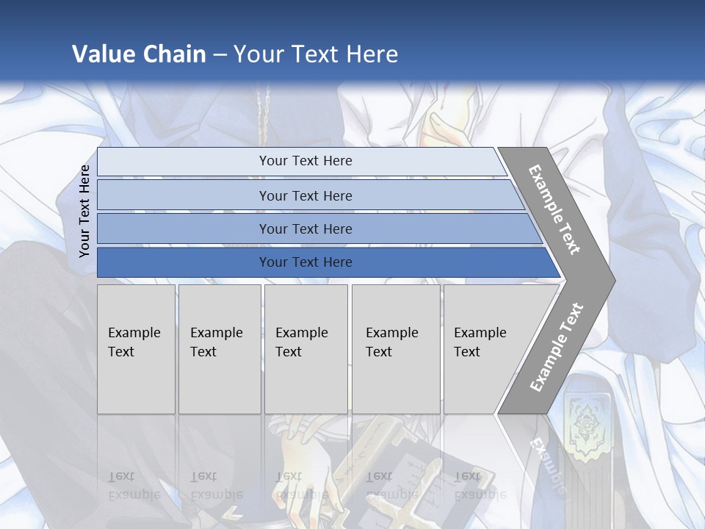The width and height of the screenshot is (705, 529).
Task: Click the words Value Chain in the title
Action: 139,54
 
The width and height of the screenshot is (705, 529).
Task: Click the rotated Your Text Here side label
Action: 84,211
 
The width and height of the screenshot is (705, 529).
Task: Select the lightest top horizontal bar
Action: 305,161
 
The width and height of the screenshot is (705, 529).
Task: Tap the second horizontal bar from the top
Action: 305,195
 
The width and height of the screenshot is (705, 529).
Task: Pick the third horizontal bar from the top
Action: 305,228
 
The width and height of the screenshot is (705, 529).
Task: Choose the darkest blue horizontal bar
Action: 305,262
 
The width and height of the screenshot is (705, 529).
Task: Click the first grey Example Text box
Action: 136,349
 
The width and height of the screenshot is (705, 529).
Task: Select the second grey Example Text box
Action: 219,349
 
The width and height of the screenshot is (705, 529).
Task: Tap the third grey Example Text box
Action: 305,349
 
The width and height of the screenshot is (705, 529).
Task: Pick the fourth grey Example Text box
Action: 395,349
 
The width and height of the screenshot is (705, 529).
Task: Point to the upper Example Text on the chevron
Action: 555,209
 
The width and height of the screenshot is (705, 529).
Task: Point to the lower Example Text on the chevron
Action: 557,347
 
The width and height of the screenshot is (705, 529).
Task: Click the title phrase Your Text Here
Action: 316,54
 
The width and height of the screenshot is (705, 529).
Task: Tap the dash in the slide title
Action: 220,54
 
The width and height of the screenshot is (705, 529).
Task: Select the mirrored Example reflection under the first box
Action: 134,494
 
